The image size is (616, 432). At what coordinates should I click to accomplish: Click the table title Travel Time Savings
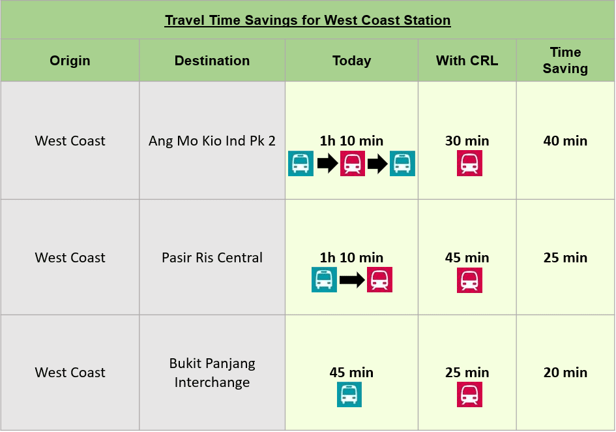point(308,20)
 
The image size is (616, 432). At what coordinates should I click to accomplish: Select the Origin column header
point(70,61)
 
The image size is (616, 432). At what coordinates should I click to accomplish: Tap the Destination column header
point(212,61)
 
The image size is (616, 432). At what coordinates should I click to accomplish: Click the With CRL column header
point(467,61)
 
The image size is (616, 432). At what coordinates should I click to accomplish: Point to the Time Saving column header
point(565,60)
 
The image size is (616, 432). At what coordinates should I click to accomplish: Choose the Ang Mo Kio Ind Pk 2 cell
point(212,141)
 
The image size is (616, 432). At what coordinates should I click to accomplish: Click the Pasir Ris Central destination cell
point(212,258)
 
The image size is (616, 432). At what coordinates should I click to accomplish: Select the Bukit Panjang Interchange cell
point(212,373)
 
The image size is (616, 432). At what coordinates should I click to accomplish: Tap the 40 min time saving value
point(565,141)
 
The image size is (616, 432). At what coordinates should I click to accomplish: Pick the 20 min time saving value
point(565,373)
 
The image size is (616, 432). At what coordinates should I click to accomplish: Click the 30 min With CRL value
point(467,141)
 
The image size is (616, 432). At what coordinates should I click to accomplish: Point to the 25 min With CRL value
point(467,373)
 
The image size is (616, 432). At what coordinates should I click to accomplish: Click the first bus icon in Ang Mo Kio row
point(301,164)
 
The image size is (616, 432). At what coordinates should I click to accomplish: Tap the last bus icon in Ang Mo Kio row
point(402,164)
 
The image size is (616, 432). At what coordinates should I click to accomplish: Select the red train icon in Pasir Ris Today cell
point(379,280)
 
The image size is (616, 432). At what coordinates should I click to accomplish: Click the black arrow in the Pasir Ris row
point(352,280)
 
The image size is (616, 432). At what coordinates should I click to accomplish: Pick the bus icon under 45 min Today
point(349,395)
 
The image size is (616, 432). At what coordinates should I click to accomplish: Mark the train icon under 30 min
point(469,164)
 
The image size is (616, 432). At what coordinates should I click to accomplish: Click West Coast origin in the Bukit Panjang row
point(70,373)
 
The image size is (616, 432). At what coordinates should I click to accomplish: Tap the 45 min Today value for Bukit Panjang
point(351,373)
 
